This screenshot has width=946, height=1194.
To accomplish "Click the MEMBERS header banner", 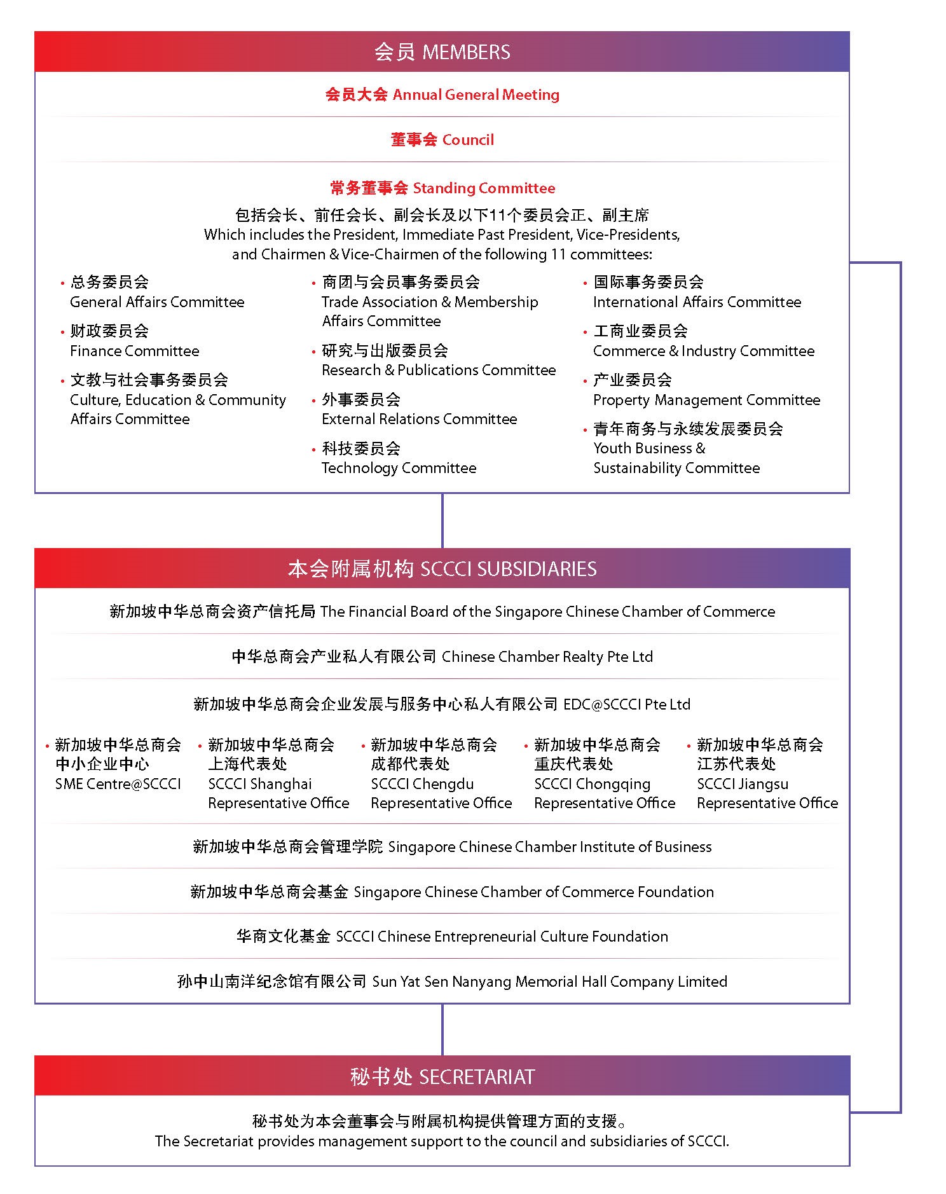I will coord(442,52).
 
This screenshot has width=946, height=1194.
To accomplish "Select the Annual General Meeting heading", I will coord(442,95).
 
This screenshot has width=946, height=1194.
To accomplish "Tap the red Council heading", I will coord(442,140).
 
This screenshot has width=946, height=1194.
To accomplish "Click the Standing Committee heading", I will coord(442,188).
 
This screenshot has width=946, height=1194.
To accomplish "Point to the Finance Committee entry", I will coord(134,341).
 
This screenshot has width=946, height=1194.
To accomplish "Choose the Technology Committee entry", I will coord(399,458).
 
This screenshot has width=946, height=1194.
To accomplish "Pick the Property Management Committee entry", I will coord(706,390).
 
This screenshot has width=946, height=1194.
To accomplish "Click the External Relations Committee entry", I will coord(419,409).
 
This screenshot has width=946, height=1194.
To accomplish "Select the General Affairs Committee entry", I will coord(156,292).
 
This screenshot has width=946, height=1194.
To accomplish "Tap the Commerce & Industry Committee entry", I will coord(703,341).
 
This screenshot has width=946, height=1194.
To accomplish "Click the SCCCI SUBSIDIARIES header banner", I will coord(442,569).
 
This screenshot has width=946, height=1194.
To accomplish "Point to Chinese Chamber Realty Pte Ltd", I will coord(442,657).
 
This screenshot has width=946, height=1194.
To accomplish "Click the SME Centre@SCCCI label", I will coord(118,784).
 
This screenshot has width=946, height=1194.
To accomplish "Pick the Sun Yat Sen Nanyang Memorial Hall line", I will coord(452,982).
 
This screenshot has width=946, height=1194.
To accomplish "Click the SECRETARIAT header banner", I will coord(442,1076).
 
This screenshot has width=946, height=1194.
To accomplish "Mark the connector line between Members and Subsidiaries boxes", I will coord(442,520).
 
